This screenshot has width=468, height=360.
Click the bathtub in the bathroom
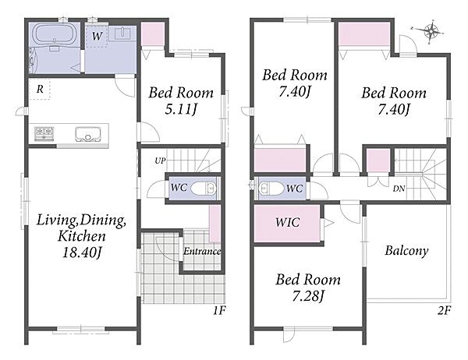point(55,34)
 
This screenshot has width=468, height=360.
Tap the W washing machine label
point(97,37)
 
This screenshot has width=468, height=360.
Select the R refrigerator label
point(40,89)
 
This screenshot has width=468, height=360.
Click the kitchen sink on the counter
point(87,134)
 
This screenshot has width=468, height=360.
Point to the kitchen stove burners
point(44,133)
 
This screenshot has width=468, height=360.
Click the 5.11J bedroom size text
point(181,110)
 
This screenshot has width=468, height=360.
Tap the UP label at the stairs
point(160,161)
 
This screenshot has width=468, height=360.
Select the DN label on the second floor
point(399,189)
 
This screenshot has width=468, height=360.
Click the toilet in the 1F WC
point(204,189)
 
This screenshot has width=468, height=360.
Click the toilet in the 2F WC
point(271,189)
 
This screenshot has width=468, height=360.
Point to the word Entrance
point(202,252)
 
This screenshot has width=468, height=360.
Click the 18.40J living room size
point(82,253)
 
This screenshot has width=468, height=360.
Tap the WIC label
point(288,223)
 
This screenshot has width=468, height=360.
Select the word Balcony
point(406,251)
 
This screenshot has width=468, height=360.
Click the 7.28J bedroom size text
point(308,296)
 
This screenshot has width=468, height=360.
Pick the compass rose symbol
point(431,30)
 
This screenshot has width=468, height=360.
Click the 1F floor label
point(218,311)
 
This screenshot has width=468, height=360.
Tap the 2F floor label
point(444,311)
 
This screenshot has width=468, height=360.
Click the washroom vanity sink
point(122,33)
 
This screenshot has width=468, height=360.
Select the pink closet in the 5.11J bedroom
point(152,34)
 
